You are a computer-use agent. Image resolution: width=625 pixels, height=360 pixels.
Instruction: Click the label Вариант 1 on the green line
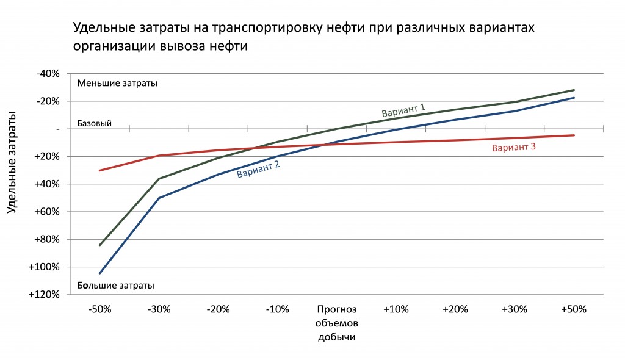(403, 110)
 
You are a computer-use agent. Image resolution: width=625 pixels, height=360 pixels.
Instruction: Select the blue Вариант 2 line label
(258, 169)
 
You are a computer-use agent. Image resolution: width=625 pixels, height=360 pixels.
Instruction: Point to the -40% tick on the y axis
(48, 74)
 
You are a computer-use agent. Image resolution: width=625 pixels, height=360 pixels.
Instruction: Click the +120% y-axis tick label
(44, 295)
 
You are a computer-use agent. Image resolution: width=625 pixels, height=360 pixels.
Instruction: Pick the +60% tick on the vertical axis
(46, 212)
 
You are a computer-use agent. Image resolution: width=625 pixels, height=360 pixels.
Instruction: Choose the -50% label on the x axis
(99, 309)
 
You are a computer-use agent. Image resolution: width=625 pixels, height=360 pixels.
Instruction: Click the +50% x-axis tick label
(574, 309)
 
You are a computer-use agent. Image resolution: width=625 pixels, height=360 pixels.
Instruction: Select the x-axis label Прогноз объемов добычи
(337, 323)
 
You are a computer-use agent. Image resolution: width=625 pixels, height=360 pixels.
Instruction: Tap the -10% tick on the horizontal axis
(278, 309)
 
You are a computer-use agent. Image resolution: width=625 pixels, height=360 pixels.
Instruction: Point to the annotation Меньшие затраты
(117, 84)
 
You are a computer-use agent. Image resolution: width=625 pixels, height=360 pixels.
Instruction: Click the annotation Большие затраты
(115, 286)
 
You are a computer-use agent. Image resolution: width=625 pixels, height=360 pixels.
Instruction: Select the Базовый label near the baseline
(95, 124)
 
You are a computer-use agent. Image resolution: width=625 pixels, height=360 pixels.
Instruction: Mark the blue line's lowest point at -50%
(99, 273)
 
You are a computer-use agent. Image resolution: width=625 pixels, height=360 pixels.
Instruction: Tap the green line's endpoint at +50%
(574, 90)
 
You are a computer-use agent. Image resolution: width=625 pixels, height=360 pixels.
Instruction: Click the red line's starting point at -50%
(99, 171)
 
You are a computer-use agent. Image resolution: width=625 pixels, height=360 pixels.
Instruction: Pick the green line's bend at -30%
(159, 179)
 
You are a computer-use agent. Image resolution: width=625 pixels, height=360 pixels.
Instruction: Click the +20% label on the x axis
(455, 309)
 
